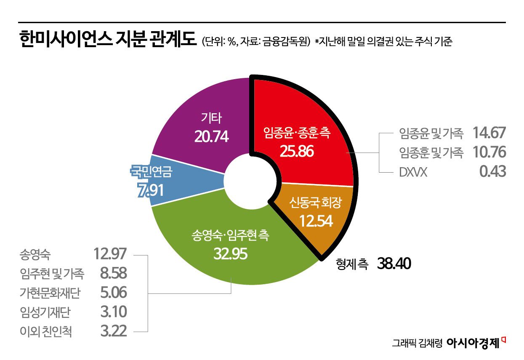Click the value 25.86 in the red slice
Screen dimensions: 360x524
click(297, 150)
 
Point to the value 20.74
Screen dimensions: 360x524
click(212, 136)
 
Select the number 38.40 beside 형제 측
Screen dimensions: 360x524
click(394, 264)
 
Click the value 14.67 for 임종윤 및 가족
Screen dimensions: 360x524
click(489, 133)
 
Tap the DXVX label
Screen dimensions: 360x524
click(412, 172)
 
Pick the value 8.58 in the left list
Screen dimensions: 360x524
click(112, 274)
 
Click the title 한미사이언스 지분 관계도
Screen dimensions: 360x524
click(108, 41)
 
